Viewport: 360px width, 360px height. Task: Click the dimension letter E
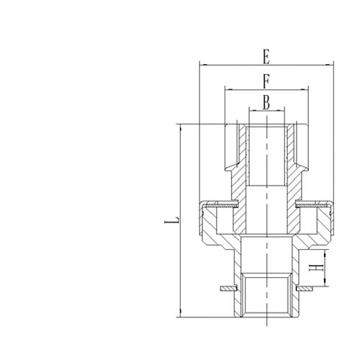266,55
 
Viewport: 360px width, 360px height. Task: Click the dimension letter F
266,80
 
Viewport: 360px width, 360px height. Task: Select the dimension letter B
266,103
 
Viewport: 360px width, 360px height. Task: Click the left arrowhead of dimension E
202,65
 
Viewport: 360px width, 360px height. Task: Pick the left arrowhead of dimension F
228,89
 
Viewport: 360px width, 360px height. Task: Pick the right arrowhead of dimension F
305,89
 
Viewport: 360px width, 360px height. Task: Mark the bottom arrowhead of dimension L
180,314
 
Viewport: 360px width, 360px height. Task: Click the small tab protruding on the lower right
308,289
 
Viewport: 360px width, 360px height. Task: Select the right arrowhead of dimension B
282,111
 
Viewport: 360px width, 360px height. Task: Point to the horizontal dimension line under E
238,65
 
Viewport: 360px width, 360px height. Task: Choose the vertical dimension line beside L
180,180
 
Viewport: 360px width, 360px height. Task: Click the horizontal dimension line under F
245,89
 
